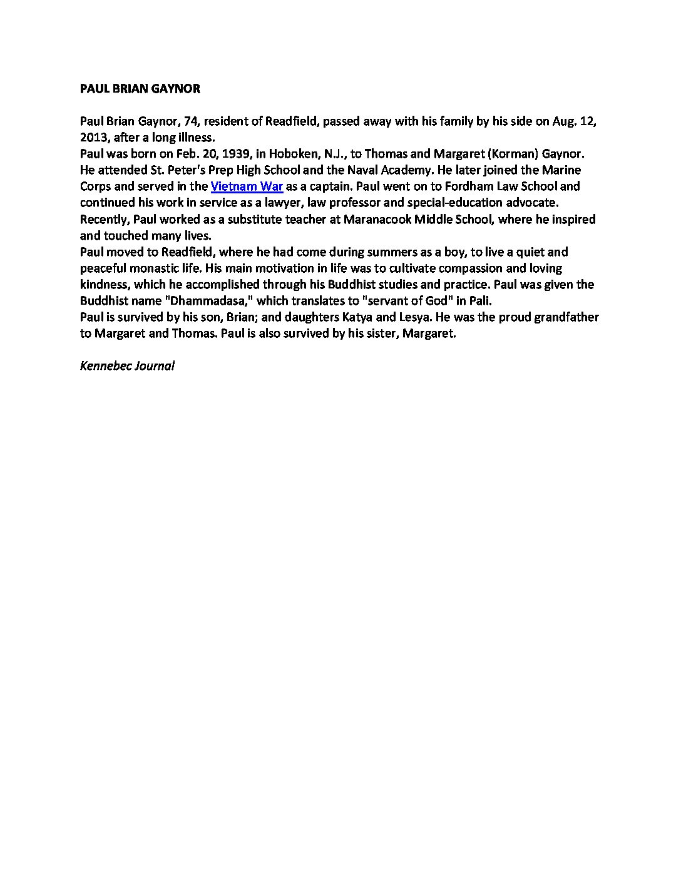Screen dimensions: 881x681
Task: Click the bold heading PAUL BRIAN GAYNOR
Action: (x=140, y=89)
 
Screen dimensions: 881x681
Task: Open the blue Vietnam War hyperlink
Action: (x=247, y=186)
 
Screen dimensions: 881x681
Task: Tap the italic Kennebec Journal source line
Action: (x=127, y=365)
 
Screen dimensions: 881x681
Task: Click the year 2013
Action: (x=94, y=138)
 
